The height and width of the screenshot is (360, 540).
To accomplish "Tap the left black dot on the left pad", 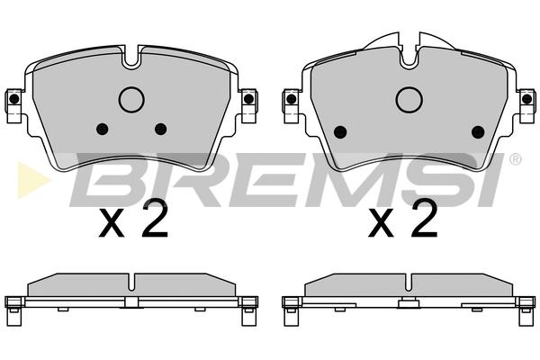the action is tap(103, 130).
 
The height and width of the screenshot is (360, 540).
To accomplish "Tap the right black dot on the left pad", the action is tap(160, 130).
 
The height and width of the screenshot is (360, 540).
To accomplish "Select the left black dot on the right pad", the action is tap(340, 131).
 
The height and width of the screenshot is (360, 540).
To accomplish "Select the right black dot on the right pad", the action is tap(478, 131).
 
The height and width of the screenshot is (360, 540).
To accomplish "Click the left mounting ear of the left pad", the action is tap(13, 105).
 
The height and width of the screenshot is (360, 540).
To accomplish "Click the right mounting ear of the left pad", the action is tap(249, 105).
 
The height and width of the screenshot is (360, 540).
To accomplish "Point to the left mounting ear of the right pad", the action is tap(292, 105).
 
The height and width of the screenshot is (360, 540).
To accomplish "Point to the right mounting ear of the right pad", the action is tap(526, 105).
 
